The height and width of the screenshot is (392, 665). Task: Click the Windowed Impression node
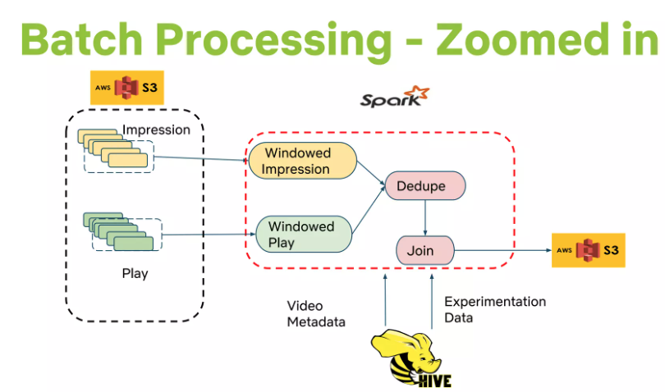(302, 161)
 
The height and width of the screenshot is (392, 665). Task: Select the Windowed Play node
(304, 235)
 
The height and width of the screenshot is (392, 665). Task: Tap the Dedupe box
(425, 185)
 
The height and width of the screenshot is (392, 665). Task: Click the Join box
(425, 250)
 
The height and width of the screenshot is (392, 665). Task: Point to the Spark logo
(395, 97)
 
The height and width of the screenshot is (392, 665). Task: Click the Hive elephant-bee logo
(411, 359)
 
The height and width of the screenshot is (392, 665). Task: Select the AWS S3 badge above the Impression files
(126, 87)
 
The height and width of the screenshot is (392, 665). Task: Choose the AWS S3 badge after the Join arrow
(588, 250)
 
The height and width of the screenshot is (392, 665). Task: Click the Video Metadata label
(316, 313)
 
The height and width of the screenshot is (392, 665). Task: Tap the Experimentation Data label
(495, 309)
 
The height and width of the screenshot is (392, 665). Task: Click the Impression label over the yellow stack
(156, 130)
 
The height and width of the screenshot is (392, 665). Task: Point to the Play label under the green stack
(135, 273)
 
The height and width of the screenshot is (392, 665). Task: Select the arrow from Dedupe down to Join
(425, 218)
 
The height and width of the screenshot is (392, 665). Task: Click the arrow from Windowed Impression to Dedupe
(371, 173)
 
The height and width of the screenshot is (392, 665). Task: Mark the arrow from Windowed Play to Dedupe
(369, 210)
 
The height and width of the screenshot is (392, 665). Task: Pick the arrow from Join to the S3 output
(503, 250)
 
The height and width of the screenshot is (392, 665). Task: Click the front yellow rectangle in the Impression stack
(128, 160)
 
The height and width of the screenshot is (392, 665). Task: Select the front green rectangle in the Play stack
(134, 244)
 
